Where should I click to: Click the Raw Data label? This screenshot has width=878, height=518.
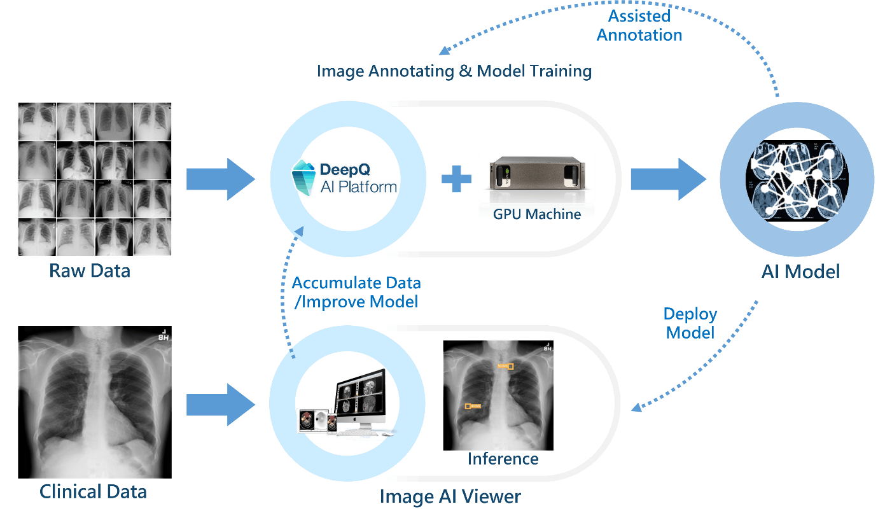click(90, 271)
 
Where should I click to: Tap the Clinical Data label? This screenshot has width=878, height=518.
click(93, 492)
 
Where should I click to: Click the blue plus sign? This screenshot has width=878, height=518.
click(456, 179)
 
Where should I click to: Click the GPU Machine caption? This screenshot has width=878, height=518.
click(537, 214)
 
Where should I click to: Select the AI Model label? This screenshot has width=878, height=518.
click(800, 272)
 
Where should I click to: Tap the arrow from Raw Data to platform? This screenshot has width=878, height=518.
click(220, 179)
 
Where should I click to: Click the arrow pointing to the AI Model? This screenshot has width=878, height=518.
click(667, 179)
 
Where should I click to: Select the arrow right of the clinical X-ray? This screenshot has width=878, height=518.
click(220, 404)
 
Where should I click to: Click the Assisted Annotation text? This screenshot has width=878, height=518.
click(639, 25)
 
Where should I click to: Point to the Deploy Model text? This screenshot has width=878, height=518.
click(690, 323)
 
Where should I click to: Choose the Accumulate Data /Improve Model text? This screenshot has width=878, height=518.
click(356, 292)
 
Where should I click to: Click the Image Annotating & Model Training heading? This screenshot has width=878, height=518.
click(454, 71)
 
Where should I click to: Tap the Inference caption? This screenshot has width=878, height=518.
click(503, 459)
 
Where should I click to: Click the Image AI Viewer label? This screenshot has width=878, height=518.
click(450, 496)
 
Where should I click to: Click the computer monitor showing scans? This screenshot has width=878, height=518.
click(360, 400)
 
